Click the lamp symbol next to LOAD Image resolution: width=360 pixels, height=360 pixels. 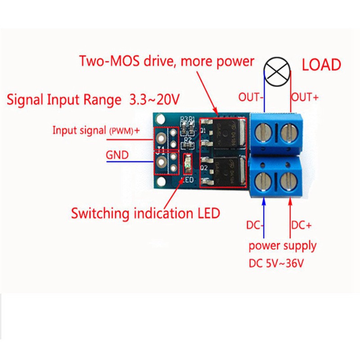coord(276,71)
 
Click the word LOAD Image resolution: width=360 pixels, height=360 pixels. coord(321,65)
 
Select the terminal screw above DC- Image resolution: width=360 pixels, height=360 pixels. coord(263,181)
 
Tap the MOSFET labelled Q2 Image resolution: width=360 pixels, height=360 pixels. coord(225,171)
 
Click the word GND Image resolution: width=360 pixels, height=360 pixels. coord(117,155)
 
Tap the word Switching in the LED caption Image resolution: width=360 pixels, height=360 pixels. coord(99,213)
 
